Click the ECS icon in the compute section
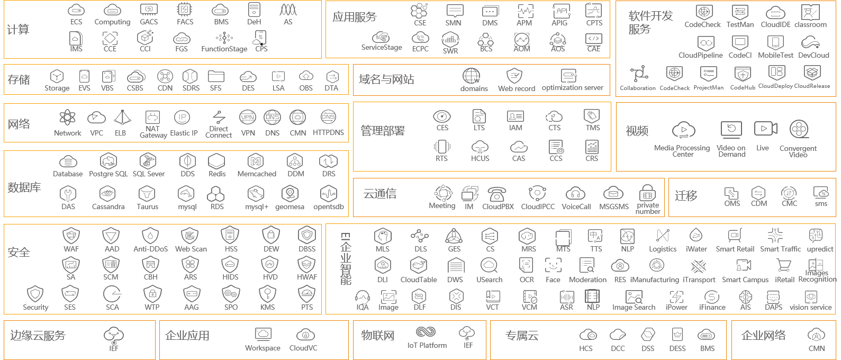76,10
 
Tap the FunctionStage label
224,49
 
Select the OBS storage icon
306,77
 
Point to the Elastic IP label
184,133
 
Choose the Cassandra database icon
108,193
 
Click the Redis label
217,174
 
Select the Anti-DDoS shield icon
151,235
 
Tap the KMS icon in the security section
268,293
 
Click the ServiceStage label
382,48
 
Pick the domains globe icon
471,76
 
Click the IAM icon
516,116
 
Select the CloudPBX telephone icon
497,194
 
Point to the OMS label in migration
732,204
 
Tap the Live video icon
765,129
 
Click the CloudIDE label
775,24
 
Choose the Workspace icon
263,334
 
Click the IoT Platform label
427,345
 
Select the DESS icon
677,335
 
